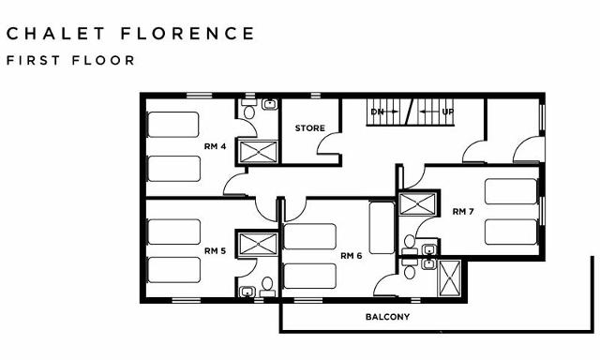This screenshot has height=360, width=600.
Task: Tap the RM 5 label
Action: click(x=215, y=250)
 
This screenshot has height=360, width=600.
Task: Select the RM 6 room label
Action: click(x=352, y=256)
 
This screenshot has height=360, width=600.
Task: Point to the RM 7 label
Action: click(x=463, y=211)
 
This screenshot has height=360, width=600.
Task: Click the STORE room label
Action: click(x=310, y=127)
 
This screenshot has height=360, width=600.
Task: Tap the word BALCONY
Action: click(x=387, y=317)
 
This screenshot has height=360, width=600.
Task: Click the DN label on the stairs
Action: click(x=378, y=112)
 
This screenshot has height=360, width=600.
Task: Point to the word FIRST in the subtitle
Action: click(x=33, y=60)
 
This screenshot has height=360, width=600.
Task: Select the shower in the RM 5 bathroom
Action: click(x=254, y=244)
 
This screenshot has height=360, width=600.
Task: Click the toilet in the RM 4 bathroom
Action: click(x=249, y=112)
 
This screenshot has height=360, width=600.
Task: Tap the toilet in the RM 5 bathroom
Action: click(x=267, y=282)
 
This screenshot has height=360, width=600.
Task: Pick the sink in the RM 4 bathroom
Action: click(x=270, y=104)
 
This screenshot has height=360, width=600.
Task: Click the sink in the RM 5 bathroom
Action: click(x=247, y=292)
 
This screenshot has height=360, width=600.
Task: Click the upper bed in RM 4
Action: click(x=173, y=125)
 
